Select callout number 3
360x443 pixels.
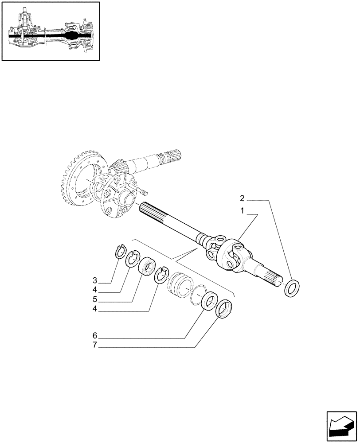[95, 280]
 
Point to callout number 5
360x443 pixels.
[95, 299]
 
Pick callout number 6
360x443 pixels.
[95, 336]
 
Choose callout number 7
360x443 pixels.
[95, 346]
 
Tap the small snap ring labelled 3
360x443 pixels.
[119, 251]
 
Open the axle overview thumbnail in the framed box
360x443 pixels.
[51, 31]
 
